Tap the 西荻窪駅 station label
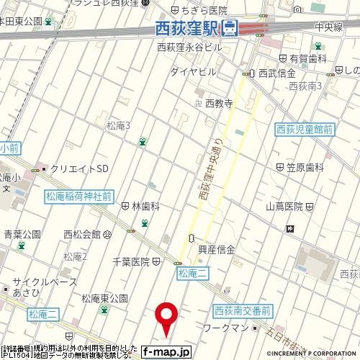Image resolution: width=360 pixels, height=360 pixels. [187, 29]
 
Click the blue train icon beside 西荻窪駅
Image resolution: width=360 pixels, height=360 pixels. [230, 29]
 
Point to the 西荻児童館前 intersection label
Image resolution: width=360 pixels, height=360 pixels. [305, 130]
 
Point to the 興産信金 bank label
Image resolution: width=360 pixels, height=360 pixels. [217, 250]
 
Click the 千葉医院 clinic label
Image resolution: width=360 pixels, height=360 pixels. [131, 261]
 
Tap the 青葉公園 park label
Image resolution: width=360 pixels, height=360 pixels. [22, 234]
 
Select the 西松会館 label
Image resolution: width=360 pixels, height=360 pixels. [82, 234]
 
